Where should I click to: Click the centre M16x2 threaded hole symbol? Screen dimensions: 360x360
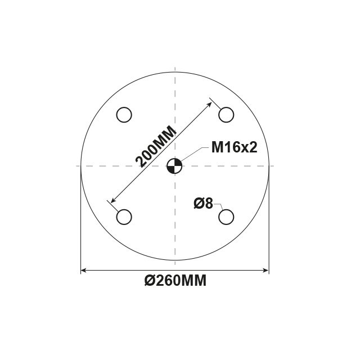(174, 166)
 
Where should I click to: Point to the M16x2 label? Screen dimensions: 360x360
(234, 147)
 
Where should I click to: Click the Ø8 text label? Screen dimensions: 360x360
(203, 204)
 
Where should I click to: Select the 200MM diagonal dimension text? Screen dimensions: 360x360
(156, 146)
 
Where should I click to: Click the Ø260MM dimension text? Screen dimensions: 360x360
(175, 280)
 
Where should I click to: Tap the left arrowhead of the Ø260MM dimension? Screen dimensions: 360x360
(84, 270)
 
